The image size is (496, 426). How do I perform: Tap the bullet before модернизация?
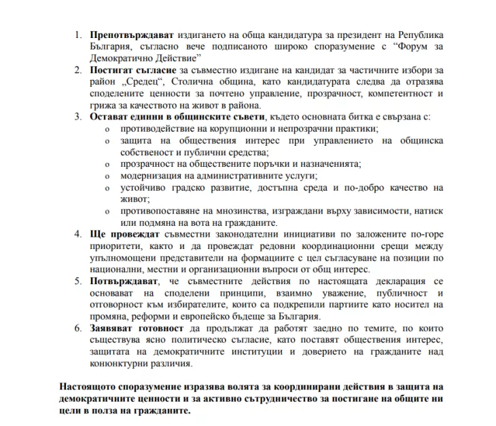pos(107,176)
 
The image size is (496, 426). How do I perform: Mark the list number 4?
pos(77,235)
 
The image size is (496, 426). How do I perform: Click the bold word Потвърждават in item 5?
pos(124,282)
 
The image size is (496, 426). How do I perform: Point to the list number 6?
pos(77,330)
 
